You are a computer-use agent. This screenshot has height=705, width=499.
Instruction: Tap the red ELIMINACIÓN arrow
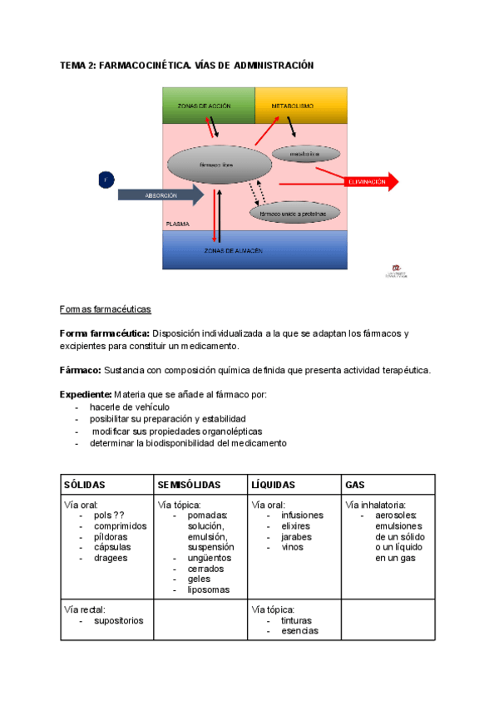click(x=370, y=181)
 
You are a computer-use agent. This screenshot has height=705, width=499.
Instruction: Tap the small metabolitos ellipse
click(x=307, y=154)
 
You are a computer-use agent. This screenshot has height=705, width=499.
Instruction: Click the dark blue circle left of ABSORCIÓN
click(x=106, y=180)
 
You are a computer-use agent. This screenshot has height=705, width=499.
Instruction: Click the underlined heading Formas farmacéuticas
click(x=105, y=309)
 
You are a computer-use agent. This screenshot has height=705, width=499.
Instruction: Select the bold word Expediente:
click(x=85, y=393)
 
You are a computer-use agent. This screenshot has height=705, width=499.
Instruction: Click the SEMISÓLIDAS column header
click(x=189, y=485)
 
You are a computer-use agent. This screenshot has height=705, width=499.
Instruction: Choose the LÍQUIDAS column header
click(x=273, y=485)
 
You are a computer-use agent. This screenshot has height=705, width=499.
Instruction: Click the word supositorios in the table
click(x=118, y=620)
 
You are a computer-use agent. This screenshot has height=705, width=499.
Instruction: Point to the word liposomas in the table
click(x=208, y=590)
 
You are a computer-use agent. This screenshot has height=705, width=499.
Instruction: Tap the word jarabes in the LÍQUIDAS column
click(x=297, y=537)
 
